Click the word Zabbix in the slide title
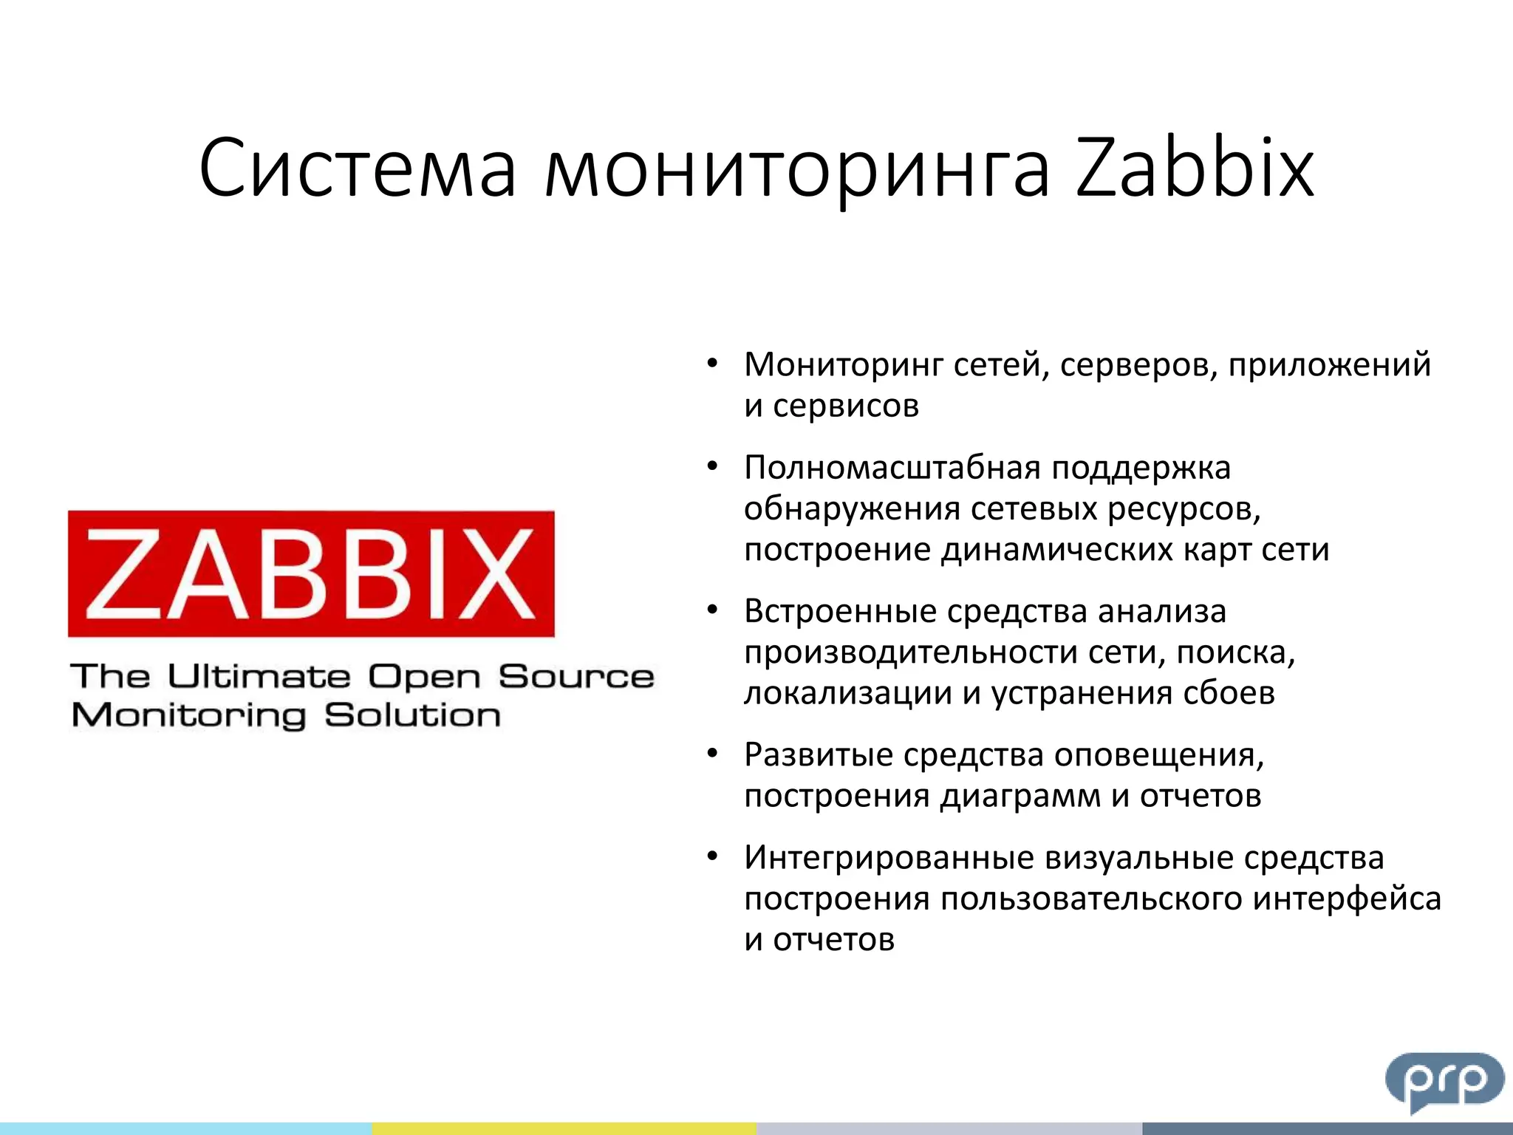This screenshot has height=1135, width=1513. [1194, 168]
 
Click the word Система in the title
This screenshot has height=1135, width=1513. [358, 168]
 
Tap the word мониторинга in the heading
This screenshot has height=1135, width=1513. [796, 171]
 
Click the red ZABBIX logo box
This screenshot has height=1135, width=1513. [311, 573]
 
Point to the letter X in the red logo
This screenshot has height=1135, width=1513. [496, 574]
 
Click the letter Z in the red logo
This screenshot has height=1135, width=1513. [123, 574]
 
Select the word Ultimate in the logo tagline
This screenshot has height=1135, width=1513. [259, 676]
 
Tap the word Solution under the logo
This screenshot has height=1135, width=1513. [412, 715]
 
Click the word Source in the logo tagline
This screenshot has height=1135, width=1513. [576, 676]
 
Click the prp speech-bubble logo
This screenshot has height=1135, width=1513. [1444, 1082]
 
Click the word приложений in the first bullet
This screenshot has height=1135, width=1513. [1329, 364]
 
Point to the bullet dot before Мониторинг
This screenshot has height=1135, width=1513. [712, 364]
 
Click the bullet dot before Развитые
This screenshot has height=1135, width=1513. [712, 754]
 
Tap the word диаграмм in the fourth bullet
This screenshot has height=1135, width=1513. [1020, 796]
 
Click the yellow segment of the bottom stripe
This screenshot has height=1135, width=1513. [564, 1128]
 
